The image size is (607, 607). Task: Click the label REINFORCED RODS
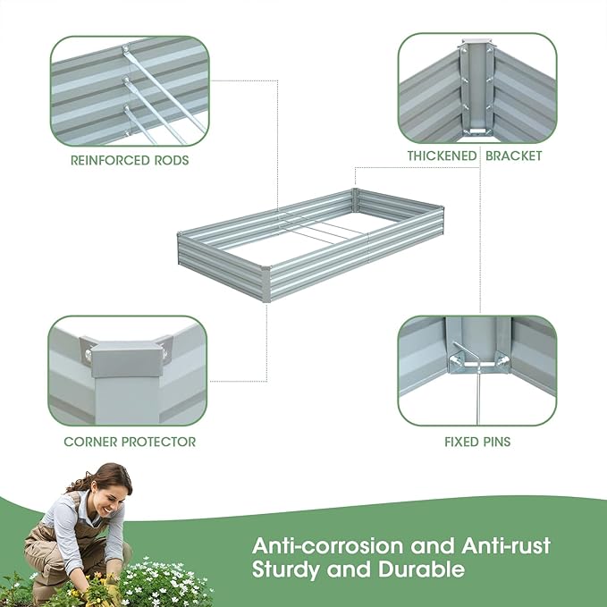[130, 162]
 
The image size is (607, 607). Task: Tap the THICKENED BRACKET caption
[475, 156]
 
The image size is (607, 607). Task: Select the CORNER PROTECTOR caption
[130, 442]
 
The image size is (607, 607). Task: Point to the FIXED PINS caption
[477, 442]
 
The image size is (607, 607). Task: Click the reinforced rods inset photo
[130, 91]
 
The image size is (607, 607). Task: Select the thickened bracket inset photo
[477, 88]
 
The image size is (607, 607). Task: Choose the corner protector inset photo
[129, 369]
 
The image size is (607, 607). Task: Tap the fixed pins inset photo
[477, 369]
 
